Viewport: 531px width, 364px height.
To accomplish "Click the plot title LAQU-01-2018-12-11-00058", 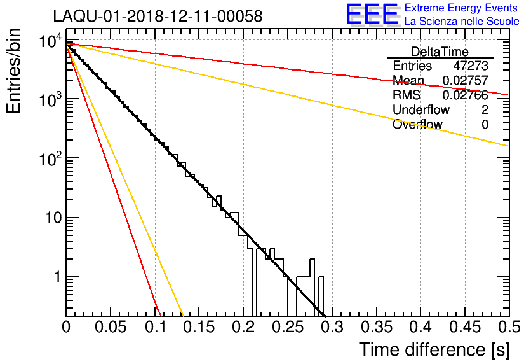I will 158,17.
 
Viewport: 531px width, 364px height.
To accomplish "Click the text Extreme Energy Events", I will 461,8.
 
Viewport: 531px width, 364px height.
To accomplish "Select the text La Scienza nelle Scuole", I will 461,22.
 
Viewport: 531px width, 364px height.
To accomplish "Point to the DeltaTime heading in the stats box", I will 440,52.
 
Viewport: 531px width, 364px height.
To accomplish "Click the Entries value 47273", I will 471,66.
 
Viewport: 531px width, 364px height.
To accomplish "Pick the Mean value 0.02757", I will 465,81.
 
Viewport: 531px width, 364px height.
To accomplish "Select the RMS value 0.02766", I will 465,95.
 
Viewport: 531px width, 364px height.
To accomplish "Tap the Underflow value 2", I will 485,110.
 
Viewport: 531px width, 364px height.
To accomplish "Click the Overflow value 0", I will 485,125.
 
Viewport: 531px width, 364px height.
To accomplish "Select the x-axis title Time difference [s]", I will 434,349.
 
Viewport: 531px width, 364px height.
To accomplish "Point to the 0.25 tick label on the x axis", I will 287,327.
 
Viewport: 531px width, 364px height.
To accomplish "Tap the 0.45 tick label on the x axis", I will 464,327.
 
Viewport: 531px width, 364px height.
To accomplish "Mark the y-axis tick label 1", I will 56,277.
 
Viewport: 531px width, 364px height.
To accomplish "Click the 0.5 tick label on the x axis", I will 508,327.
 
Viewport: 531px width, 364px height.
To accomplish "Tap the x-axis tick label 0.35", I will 376,327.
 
